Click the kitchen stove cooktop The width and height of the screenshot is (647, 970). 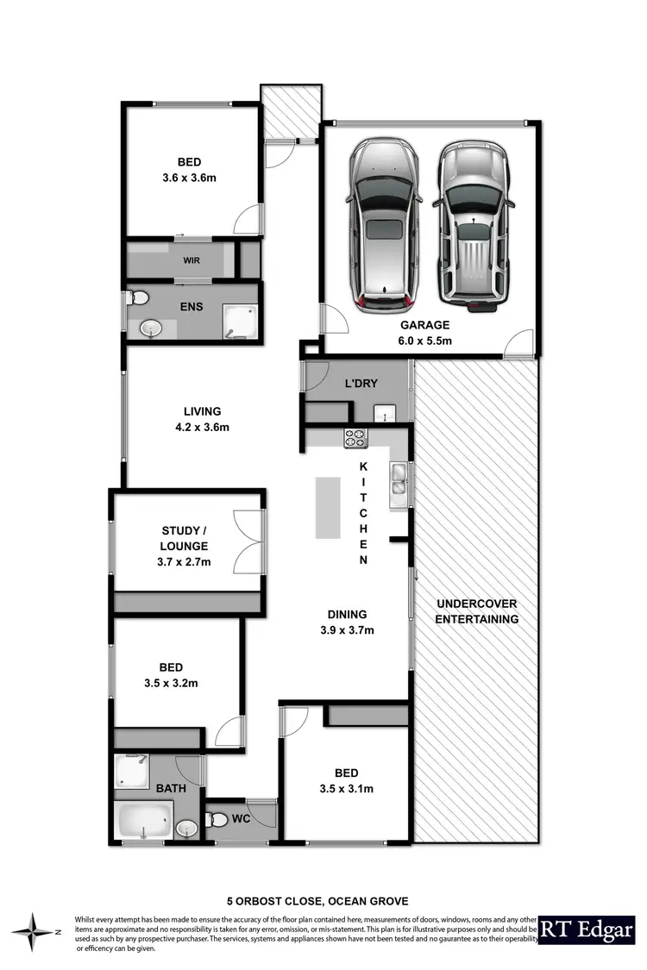356,437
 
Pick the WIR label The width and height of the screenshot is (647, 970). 191,259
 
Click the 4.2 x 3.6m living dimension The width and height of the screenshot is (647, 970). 202,427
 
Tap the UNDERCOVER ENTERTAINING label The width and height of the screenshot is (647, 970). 477,611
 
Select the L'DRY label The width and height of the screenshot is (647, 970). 361,383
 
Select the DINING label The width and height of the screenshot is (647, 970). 347,615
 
